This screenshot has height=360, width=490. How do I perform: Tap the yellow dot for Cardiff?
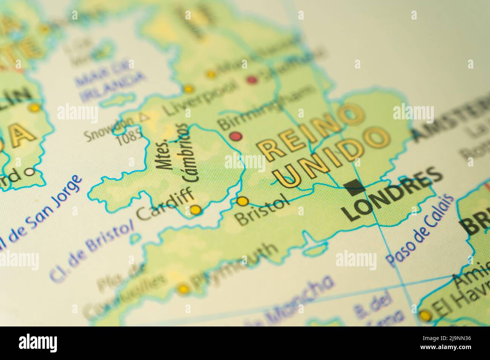click(196, 209)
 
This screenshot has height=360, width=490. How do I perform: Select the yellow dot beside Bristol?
click(243, 201)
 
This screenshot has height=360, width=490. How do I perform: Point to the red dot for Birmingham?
click(236, 136)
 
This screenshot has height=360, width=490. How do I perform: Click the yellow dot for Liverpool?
click(188, 90)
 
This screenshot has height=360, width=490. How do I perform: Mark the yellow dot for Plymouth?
click(184, 289)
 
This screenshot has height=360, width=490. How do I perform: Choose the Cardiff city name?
click(166, 205)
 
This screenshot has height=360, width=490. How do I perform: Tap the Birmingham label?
click(266, 107)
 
